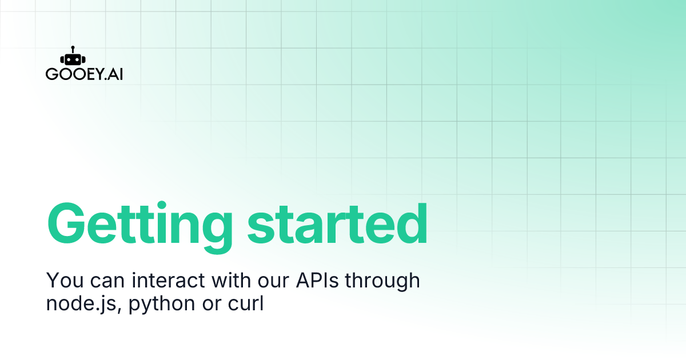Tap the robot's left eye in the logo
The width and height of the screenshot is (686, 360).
[x=69, y=59]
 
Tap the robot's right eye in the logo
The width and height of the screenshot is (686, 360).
[x=75, y=59]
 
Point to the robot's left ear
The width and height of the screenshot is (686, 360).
[x=61, y=59]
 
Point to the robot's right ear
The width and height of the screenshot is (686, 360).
[x=83, y=59]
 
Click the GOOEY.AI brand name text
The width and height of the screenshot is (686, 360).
[x=84, y=75]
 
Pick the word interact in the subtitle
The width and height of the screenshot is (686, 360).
[x=172, y=281]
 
